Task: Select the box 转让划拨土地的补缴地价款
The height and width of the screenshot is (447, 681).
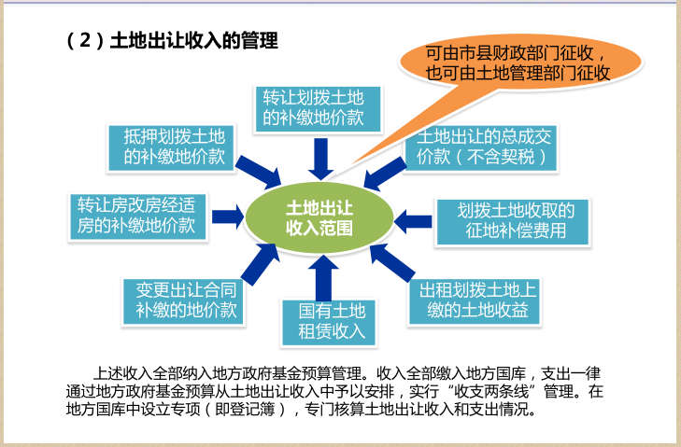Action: tap(312, 107)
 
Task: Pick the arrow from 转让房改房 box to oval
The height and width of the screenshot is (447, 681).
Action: tap(227, 218)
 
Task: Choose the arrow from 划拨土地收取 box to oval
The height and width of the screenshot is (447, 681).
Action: tap(412, 220)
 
